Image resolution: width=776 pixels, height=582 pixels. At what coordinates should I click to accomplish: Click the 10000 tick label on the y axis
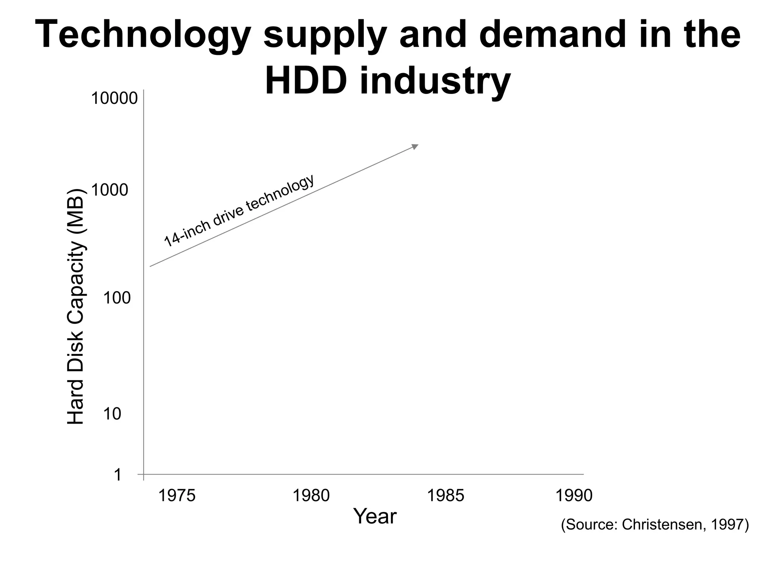click(114, 99)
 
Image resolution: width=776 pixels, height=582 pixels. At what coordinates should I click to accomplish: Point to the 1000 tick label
click(110, 190)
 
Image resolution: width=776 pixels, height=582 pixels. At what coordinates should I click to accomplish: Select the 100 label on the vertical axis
click(117, 299)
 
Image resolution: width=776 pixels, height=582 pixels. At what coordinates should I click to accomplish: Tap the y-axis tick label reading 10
click(112, 414)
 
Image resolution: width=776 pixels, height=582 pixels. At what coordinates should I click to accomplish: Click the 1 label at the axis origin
click(118, 475)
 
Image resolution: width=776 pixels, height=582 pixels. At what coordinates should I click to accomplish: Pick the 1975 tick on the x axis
click(176, 496)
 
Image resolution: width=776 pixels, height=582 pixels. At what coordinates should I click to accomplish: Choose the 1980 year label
click(311, 496)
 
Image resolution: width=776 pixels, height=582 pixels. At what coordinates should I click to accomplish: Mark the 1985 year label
click(446, 496)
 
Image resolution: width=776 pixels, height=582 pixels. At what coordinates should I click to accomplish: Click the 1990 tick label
click(574, 496)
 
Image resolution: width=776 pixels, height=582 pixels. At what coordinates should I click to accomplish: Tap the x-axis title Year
click(375, 516)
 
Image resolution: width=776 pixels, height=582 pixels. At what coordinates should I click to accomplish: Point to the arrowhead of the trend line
click(415, 147)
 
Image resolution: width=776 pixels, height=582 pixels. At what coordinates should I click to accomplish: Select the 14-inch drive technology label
click(239, 210)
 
